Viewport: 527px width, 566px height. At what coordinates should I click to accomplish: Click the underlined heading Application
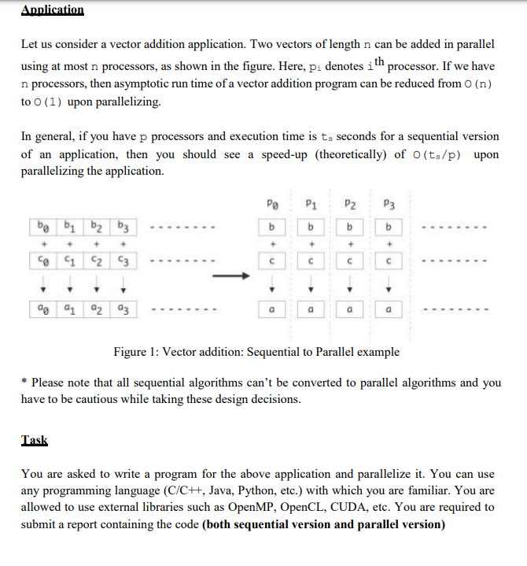click(52, 9)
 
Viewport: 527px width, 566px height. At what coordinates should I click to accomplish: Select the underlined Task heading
click(34, 441)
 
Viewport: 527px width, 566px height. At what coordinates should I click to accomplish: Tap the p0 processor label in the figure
click(271, 204)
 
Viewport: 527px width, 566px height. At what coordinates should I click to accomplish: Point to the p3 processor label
click(387, 204)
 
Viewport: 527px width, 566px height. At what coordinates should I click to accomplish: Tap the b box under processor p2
click(348, 228)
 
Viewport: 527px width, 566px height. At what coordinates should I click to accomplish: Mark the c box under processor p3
click(387, 261)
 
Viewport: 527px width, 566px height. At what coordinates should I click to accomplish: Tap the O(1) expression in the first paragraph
click(46, 102)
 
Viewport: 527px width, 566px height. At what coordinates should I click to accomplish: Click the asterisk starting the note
click(24, 383)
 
